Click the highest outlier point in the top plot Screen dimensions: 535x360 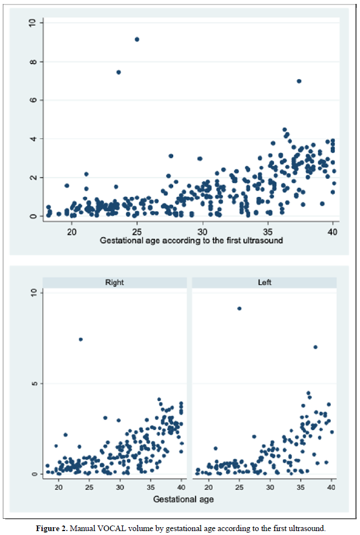tap(137, 39)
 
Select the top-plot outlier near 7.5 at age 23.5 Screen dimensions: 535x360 tap(118, 72)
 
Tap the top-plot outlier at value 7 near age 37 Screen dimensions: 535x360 tap(299, 81)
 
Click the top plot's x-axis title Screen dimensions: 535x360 tap(191, 241)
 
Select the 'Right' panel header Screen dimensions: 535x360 tap(114, 283)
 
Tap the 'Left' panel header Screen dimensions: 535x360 tap(264, 283)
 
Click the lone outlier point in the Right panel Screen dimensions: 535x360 tap(81, 339)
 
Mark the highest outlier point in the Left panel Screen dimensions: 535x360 tap(239, 308)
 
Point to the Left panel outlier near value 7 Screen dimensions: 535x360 tap(315, 347)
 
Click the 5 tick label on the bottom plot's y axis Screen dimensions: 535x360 tap(33, 384)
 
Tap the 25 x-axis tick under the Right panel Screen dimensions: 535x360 tap(89, 486)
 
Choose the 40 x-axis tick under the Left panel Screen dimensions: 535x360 tap(331, 486)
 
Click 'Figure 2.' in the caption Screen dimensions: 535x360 tap(54, 528)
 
